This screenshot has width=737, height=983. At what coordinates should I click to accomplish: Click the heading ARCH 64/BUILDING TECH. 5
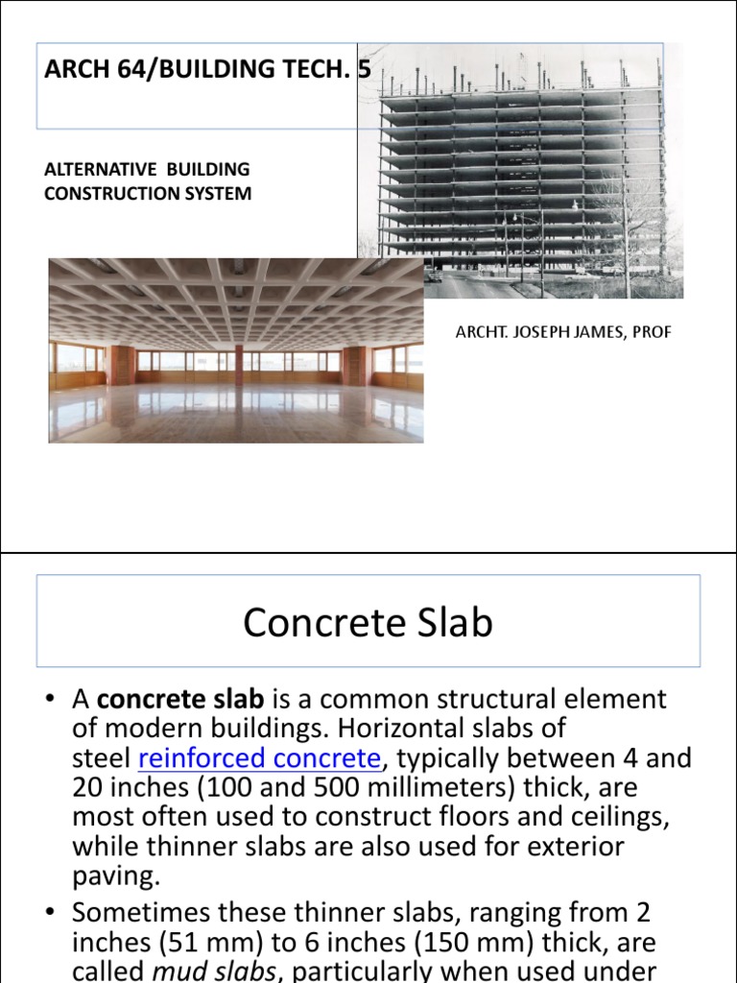207,69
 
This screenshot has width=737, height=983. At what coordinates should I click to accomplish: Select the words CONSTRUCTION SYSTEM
149,193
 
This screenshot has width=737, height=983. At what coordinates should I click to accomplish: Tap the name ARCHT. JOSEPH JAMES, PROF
562,332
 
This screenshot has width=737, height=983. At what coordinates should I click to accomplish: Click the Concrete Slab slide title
368,623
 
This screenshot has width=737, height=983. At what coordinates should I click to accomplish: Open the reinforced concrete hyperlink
259,758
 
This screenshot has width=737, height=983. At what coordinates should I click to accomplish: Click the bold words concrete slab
179,699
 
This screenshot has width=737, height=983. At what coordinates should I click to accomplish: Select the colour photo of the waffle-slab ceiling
236,349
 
